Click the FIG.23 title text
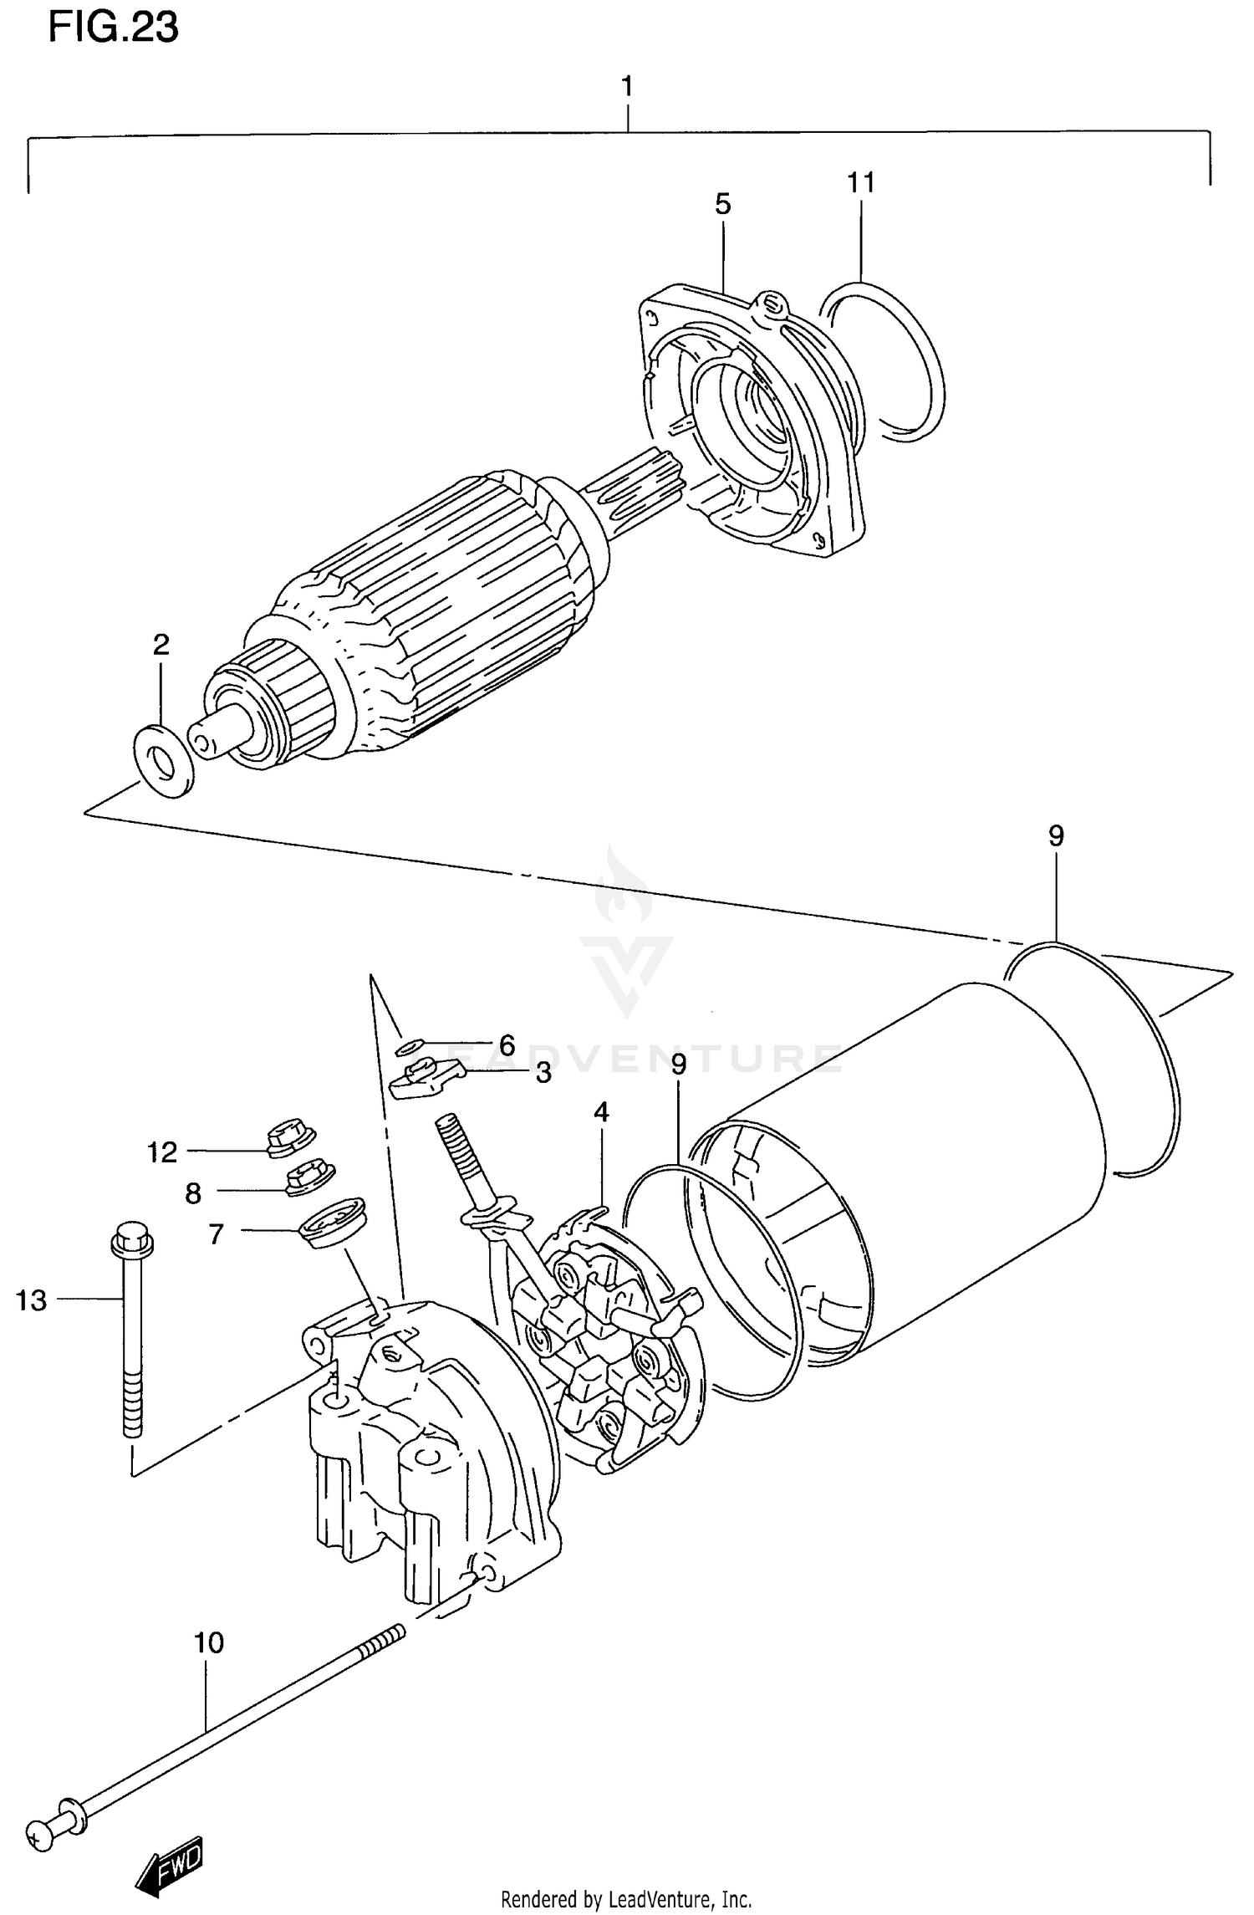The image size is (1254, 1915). click(x=114, y=28)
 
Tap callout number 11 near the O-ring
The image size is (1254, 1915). click(x=861, y=181)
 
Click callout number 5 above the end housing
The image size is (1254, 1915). click(x=723, y=203)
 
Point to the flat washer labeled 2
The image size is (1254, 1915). click(x=163, y=761)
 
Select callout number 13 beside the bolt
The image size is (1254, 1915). click(x=32, y=1300)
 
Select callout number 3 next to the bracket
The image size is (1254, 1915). click(x=544, y=1073)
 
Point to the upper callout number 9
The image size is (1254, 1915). click(x=1055, y=835)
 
